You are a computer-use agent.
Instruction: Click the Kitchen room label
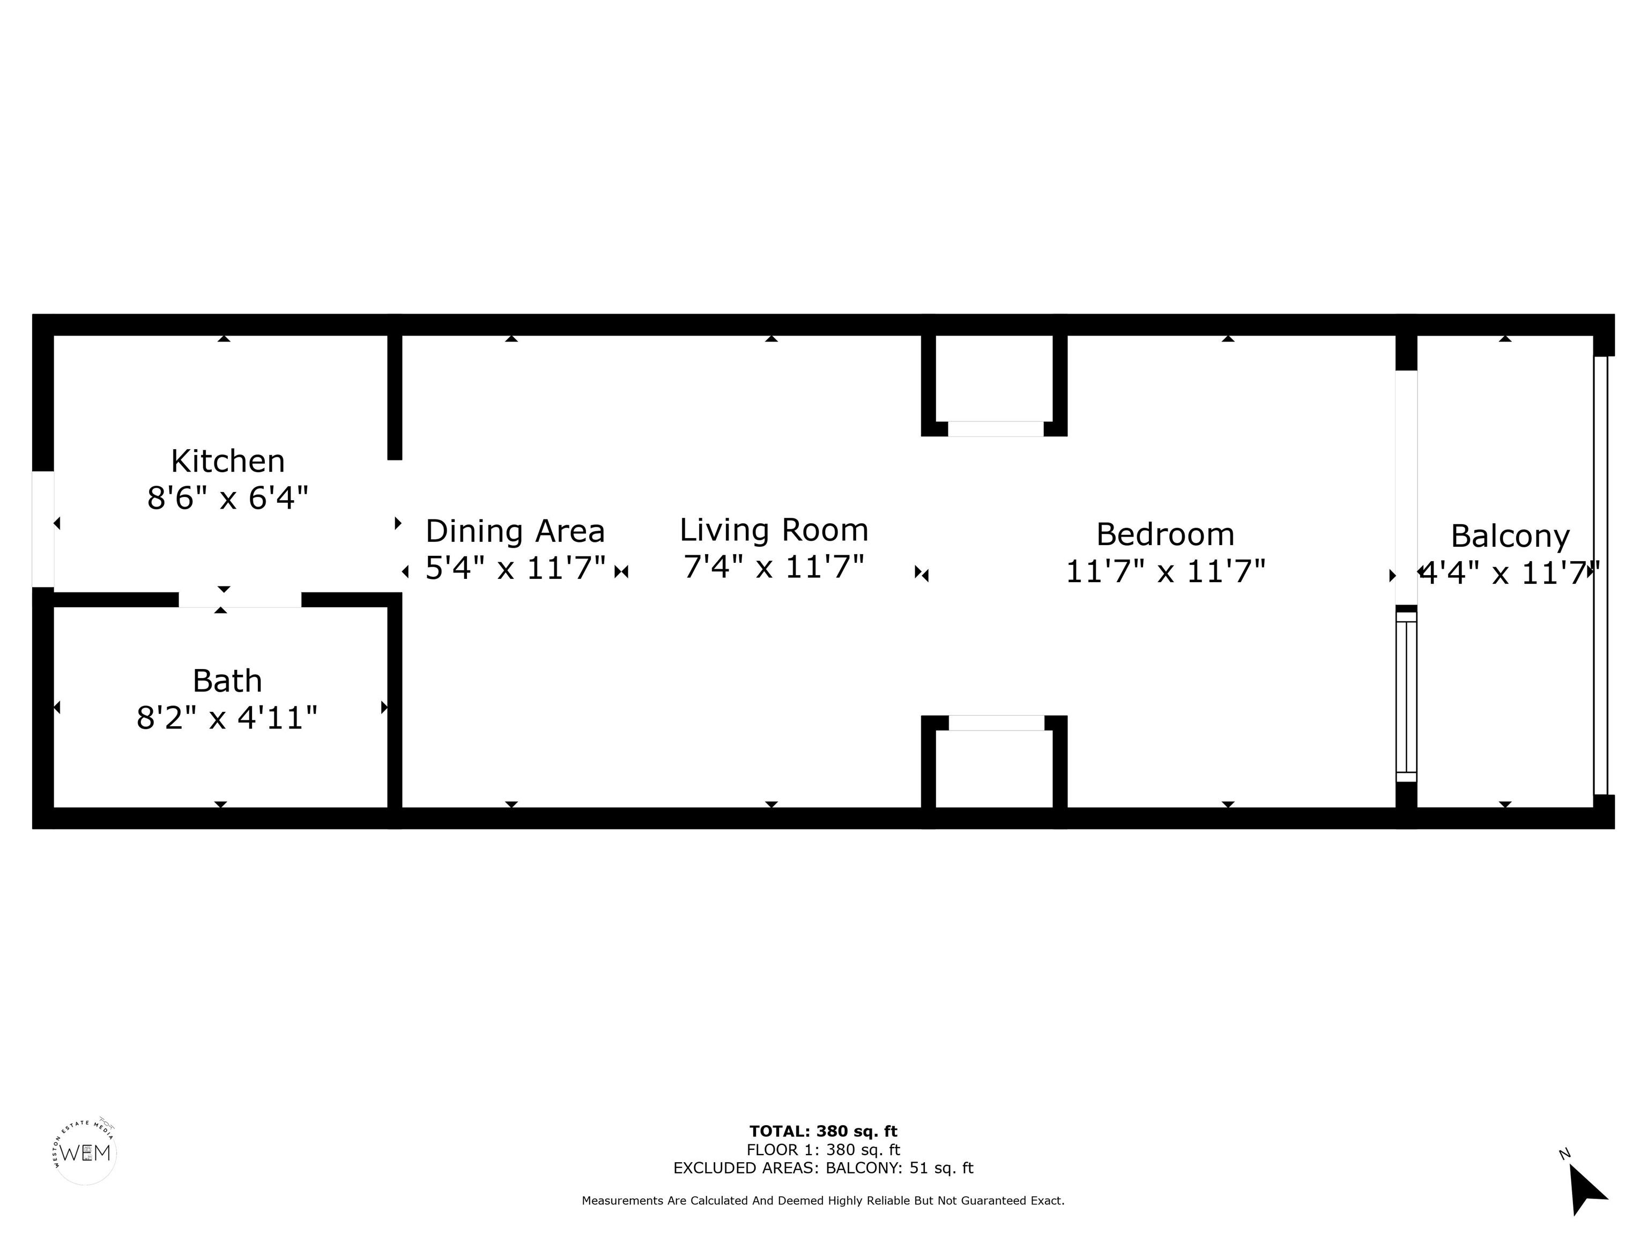228,462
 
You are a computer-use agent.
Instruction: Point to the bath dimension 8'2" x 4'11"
227,718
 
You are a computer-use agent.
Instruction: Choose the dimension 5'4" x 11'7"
515,568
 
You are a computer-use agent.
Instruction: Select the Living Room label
774,530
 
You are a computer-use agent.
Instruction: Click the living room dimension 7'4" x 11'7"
774,567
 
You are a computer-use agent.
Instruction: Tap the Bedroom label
1165,534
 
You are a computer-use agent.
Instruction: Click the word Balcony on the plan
1510,537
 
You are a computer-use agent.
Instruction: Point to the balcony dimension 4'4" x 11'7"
1510,573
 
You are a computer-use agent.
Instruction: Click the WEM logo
85,1152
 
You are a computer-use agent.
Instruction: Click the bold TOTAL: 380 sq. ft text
823,1132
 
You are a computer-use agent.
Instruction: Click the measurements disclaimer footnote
823,1201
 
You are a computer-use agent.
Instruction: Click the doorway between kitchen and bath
240,600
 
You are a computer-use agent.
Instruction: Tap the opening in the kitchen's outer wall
43,529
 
